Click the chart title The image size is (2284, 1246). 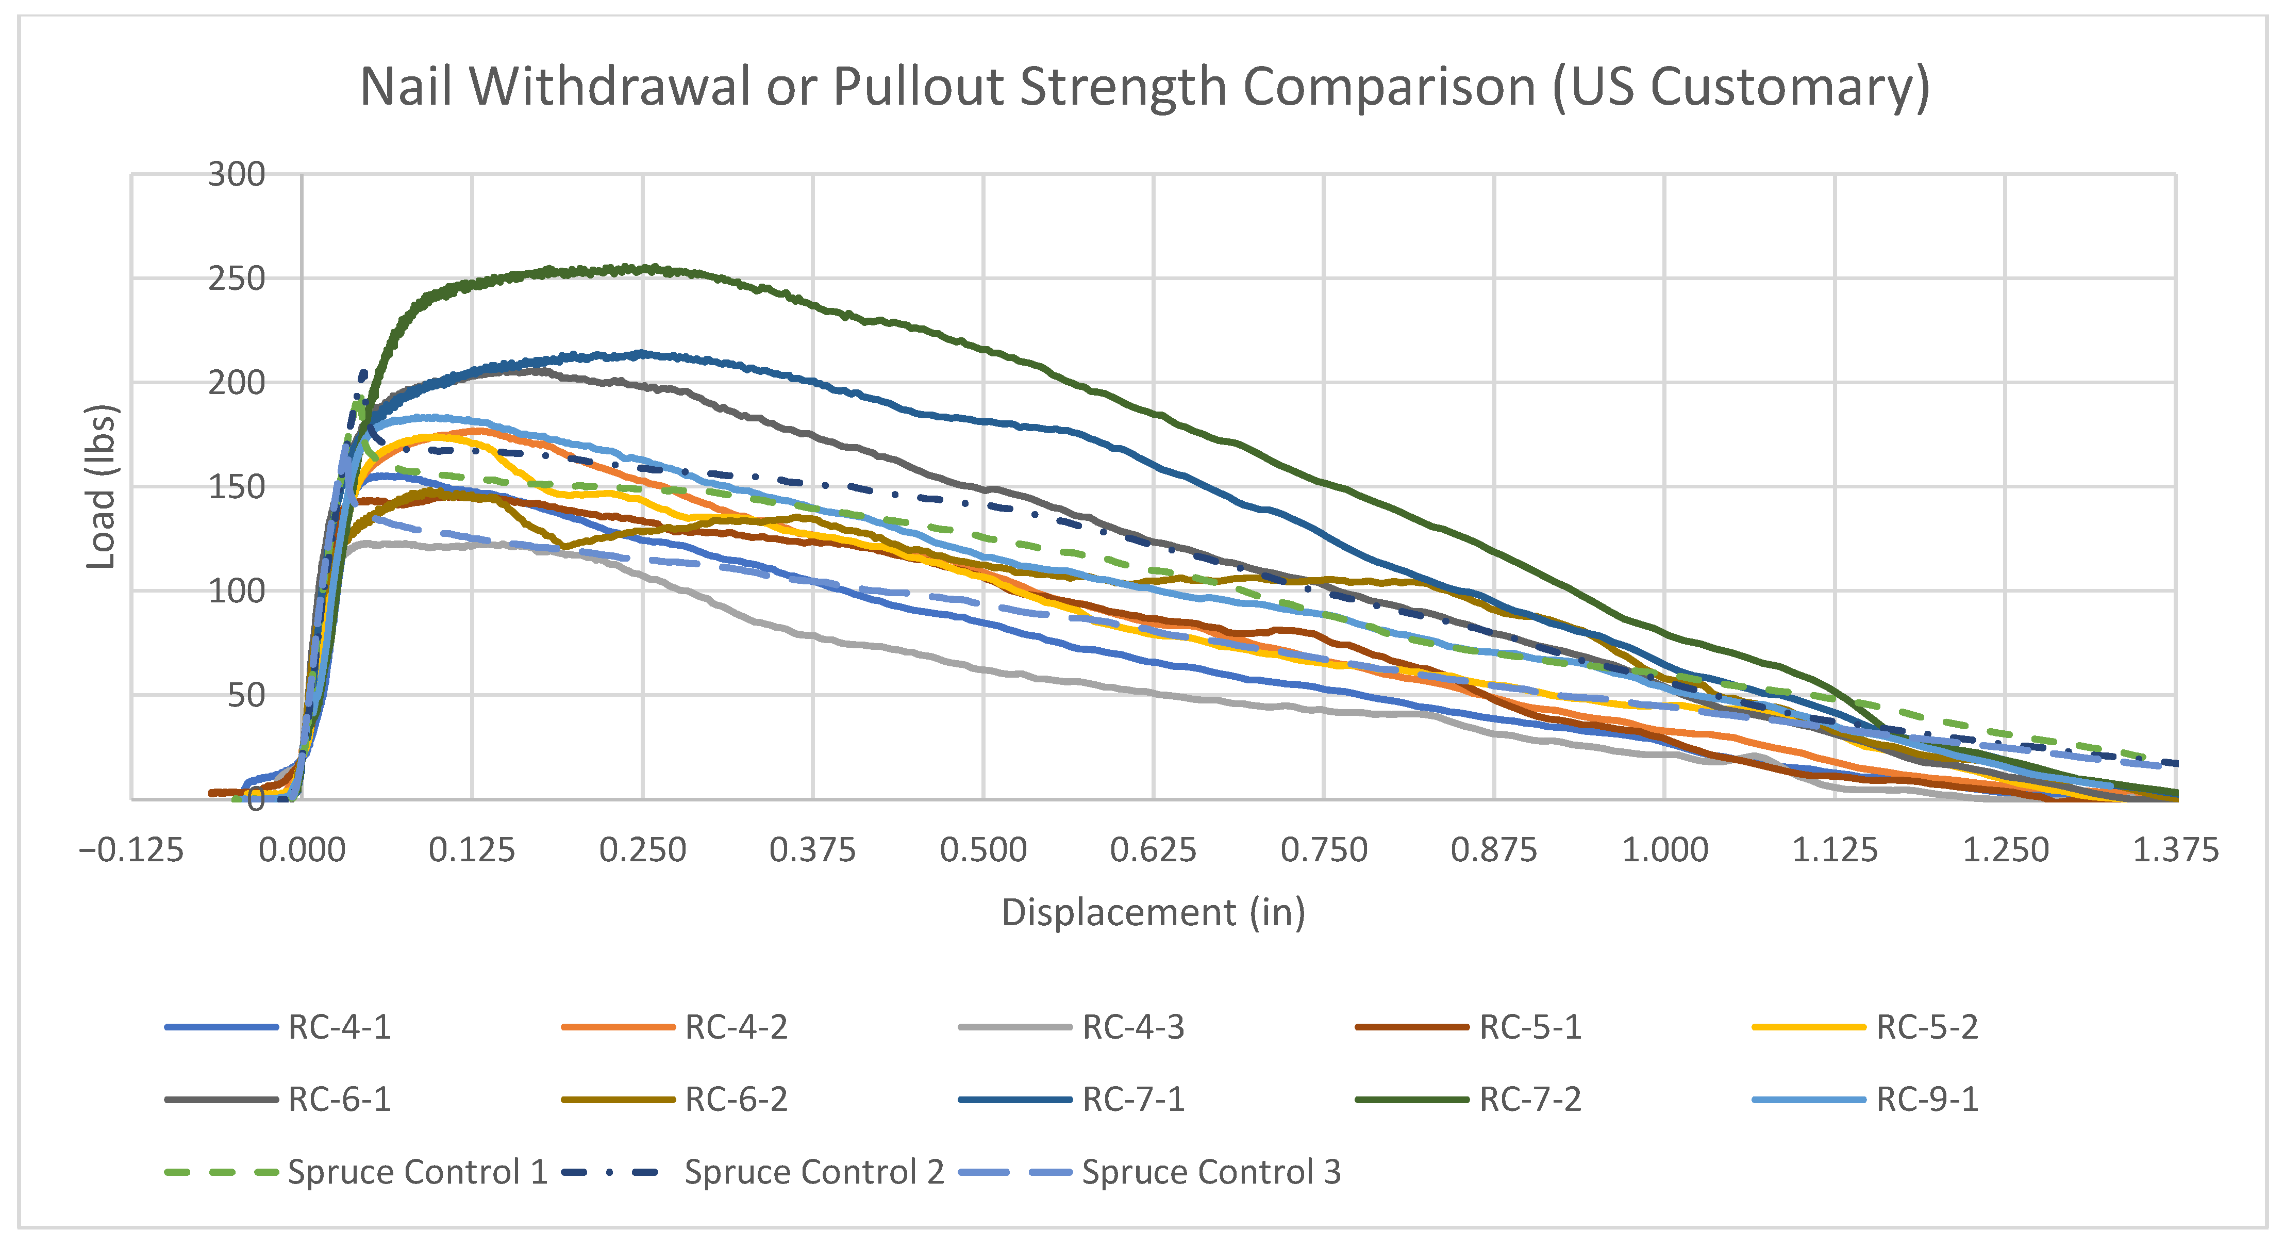(x=1144, y=87)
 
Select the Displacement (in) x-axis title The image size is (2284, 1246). (x=1153, y=912)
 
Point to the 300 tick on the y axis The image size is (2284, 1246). (x=237, y=175)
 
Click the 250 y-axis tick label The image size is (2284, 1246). (x=237, y=278)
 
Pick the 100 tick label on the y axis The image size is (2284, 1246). (x=237, y=591)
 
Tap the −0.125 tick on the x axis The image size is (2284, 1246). (x=131, y=849)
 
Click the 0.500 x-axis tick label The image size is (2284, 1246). (x=983, y=849)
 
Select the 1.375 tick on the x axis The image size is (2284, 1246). (x=2175, y=849)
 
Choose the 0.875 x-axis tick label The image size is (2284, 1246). (x=1494, y=849)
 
